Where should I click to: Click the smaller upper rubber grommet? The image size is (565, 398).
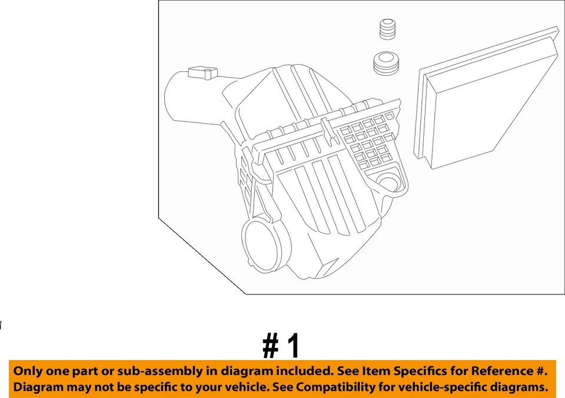pyautogui.click(x=386, y=30)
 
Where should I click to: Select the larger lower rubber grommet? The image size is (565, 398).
pyautogui.click(x=386, y=64)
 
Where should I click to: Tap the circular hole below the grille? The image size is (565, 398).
pyautogui.click(x=390, y=182)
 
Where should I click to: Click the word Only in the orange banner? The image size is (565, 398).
pyautogui.click(x=28, y=372)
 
